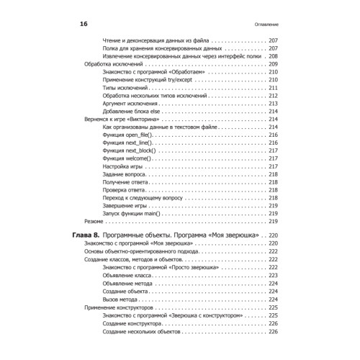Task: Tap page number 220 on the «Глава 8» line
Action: pyautogui.click(x=273, y=235)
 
